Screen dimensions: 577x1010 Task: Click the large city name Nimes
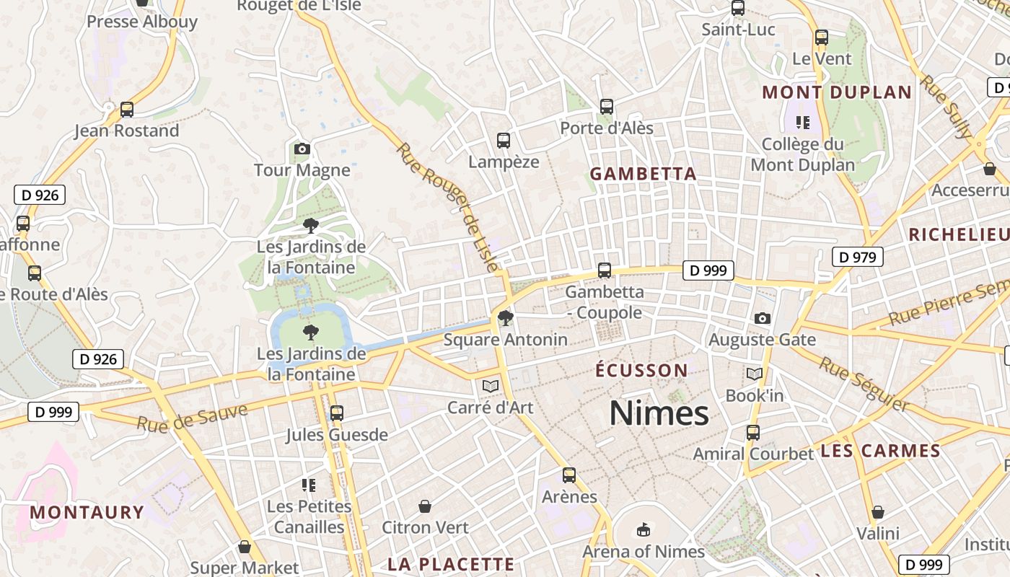[659, 413]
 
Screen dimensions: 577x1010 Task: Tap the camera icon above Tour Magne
[302, 149]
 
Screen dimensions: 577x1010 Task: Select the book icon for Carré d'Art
[491, 387]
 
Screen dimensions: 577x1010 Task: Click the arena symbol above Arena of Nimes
[644, 531]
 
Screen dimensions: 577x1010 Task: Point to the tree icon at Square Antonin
[506, 318]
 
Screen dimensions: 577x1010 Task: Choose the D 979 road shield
[857, 257]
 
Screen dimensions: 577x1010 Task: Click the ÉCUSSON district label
[641, 371]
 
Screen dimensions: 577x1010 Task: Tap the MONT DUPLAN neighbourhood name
[837, 92]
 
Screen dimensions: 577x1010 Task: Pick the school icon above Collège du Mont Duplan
[803, 123]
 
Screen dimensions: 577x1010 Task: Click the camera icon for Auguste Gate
[762, 318]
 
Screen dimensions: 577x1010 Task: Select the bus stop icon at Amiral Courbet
[753, 433]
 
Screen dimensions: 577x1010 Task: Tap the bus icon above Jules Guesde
[336, 413]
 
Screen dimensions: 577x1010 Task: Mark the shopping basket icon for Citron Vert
[425, 506]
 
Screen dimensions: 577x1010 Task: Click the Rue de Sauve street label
[192, 418]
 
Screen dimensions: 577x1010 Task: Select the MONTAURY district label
[87, 513]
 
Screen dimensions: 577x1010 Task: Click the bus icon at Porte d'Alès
[607, 107]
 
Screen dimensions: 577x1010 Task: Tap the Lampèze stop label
[504, 162]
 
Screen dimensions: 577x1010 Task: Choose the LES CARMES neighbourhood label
[880, 452]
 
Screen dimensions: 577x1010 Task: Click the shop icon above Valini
[878, 512]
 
